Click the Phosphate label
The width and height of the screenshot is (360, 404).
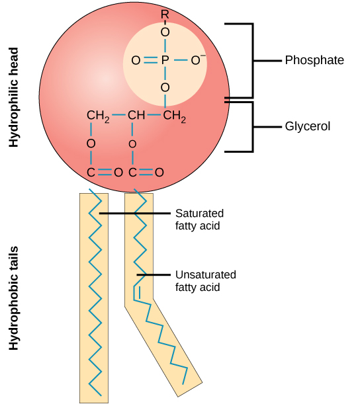tap(314, 60)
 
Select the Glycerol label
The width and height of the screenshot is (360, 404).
tap(308, 126)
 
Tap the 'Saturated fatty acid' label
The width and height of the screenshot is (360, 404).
tap(199, 220)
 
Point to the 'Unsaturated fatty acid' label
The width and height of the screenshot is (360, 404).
tap(206, 281)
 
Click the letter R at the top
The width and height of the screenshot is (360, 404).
tap(165, 14)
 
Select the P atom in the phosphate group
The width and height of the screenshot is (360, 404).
tap(165, 61)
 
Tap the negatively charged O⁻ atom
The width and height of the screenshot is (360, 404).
tap(196, 60)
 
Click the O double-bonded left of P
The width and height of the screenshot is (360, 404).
tap(136, 61)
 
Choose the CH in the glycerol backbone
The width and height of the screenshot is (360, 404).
tap(136, 116)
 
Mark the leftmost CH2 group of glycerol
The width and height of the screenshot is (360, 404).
tap(97, 117)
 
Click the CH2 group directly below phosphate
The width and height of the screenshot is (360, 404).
tap(174, 117)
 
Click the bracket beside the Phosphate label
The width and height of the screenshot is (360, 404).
tap(251, 60)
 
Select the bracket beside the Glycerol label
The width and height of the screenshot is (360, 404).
tap(251, 126)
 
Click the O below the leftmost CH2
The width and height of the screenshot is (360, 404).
tap(91, 143)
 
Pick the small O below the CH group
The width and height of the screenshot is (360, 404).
tap(133, 143)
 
